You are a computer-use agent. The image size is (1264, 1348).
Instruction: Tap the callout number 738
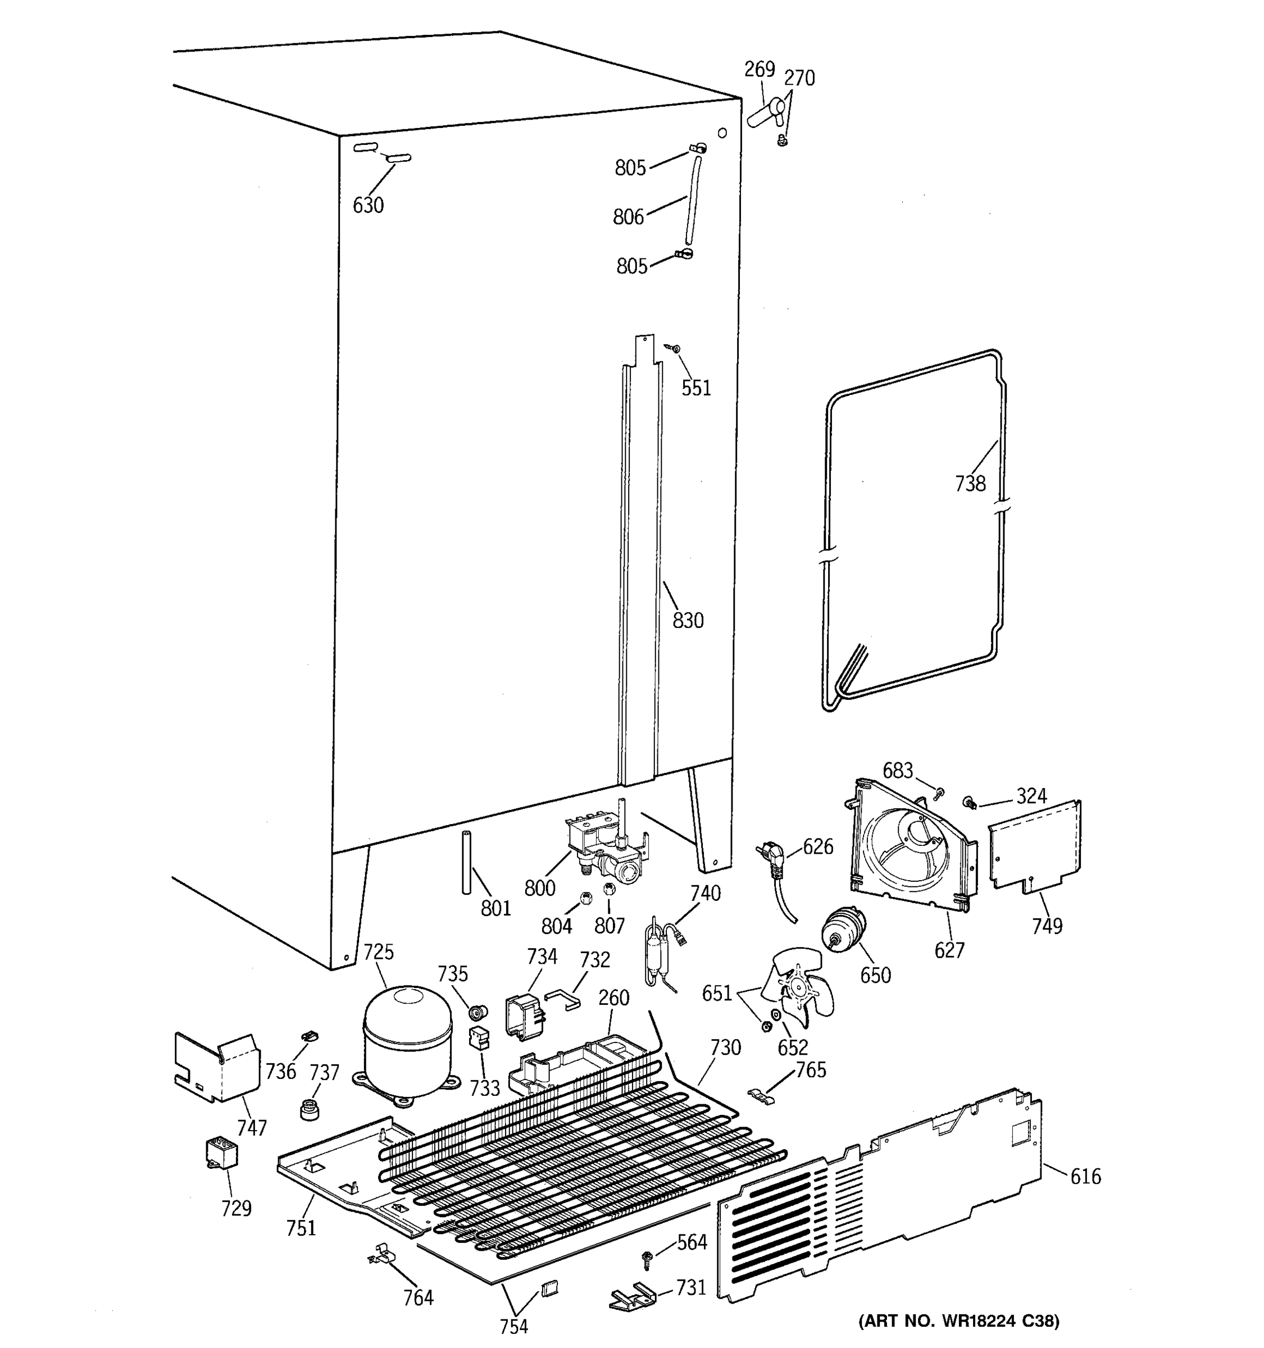pos(970,484)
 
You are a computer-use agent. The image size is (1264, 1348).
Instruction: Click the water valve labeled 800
pos(603,848)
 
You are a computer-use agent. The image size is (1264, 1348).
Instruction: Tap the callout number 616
pos(1085,1177)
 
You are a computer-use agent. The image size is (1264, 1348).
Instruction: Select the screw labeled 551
pos(674,349)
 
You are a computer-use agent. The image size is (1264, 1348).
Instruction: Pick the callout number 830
pos(688,621)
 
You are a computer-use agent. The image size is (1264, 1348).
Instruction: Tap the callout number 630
pos(367,205)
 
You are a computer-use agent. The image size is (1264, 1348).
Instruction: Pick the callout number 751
pos(301,1228)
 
